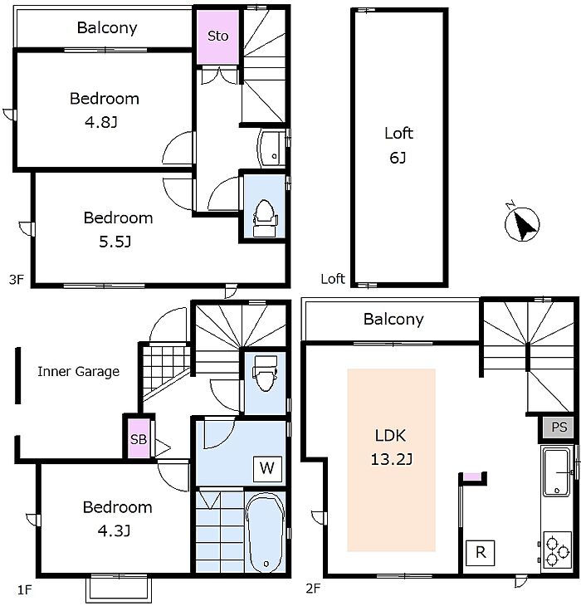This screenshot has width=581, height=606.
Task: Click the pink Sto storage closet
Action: coord(217,37)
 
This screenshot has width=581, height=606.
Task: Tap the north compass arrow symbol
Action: coord(522,224)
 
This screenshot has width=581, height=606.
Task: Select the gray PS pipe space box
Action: coord(559,427)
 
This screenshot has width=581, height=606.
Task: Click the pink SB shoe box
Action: coord(139,438)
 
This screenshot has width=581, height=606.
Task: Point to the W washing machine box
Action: coord(267,469)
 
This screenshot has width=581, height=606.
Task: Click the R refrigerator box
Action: coord(481,553)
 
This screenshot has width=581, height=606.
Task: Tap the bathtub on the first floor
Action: coord(265,533)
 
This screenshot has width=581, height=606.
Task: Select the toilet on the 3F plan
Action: coord(265,218)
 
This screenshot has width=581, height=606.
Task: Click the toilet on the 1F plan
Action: coord(265,374)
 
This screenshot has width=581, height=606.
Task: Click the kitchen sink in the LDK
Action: coord(557,472)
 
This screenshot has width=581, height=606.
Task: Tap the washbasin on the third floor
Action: coord(271,149)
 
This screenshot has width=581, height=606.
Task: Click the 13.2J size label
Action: coord(392,460)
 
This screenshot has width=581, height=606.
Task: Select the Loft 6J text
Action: coord(398,145)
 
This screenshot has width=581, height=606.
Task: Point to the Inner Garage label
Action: coord(78,372)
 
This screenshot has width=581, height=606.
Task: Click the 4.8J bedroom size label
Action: coord(101,122)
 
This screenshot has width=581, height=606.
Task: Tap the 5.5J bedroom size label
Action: coord(115,242)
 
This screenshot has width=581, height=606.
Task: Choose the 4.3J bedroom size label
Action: coord(114,531)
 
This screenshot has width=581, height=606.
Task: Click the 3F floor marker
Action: coord(17,279)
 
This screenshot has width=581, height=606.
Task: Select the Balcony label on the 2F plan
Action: coord(393,320)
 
